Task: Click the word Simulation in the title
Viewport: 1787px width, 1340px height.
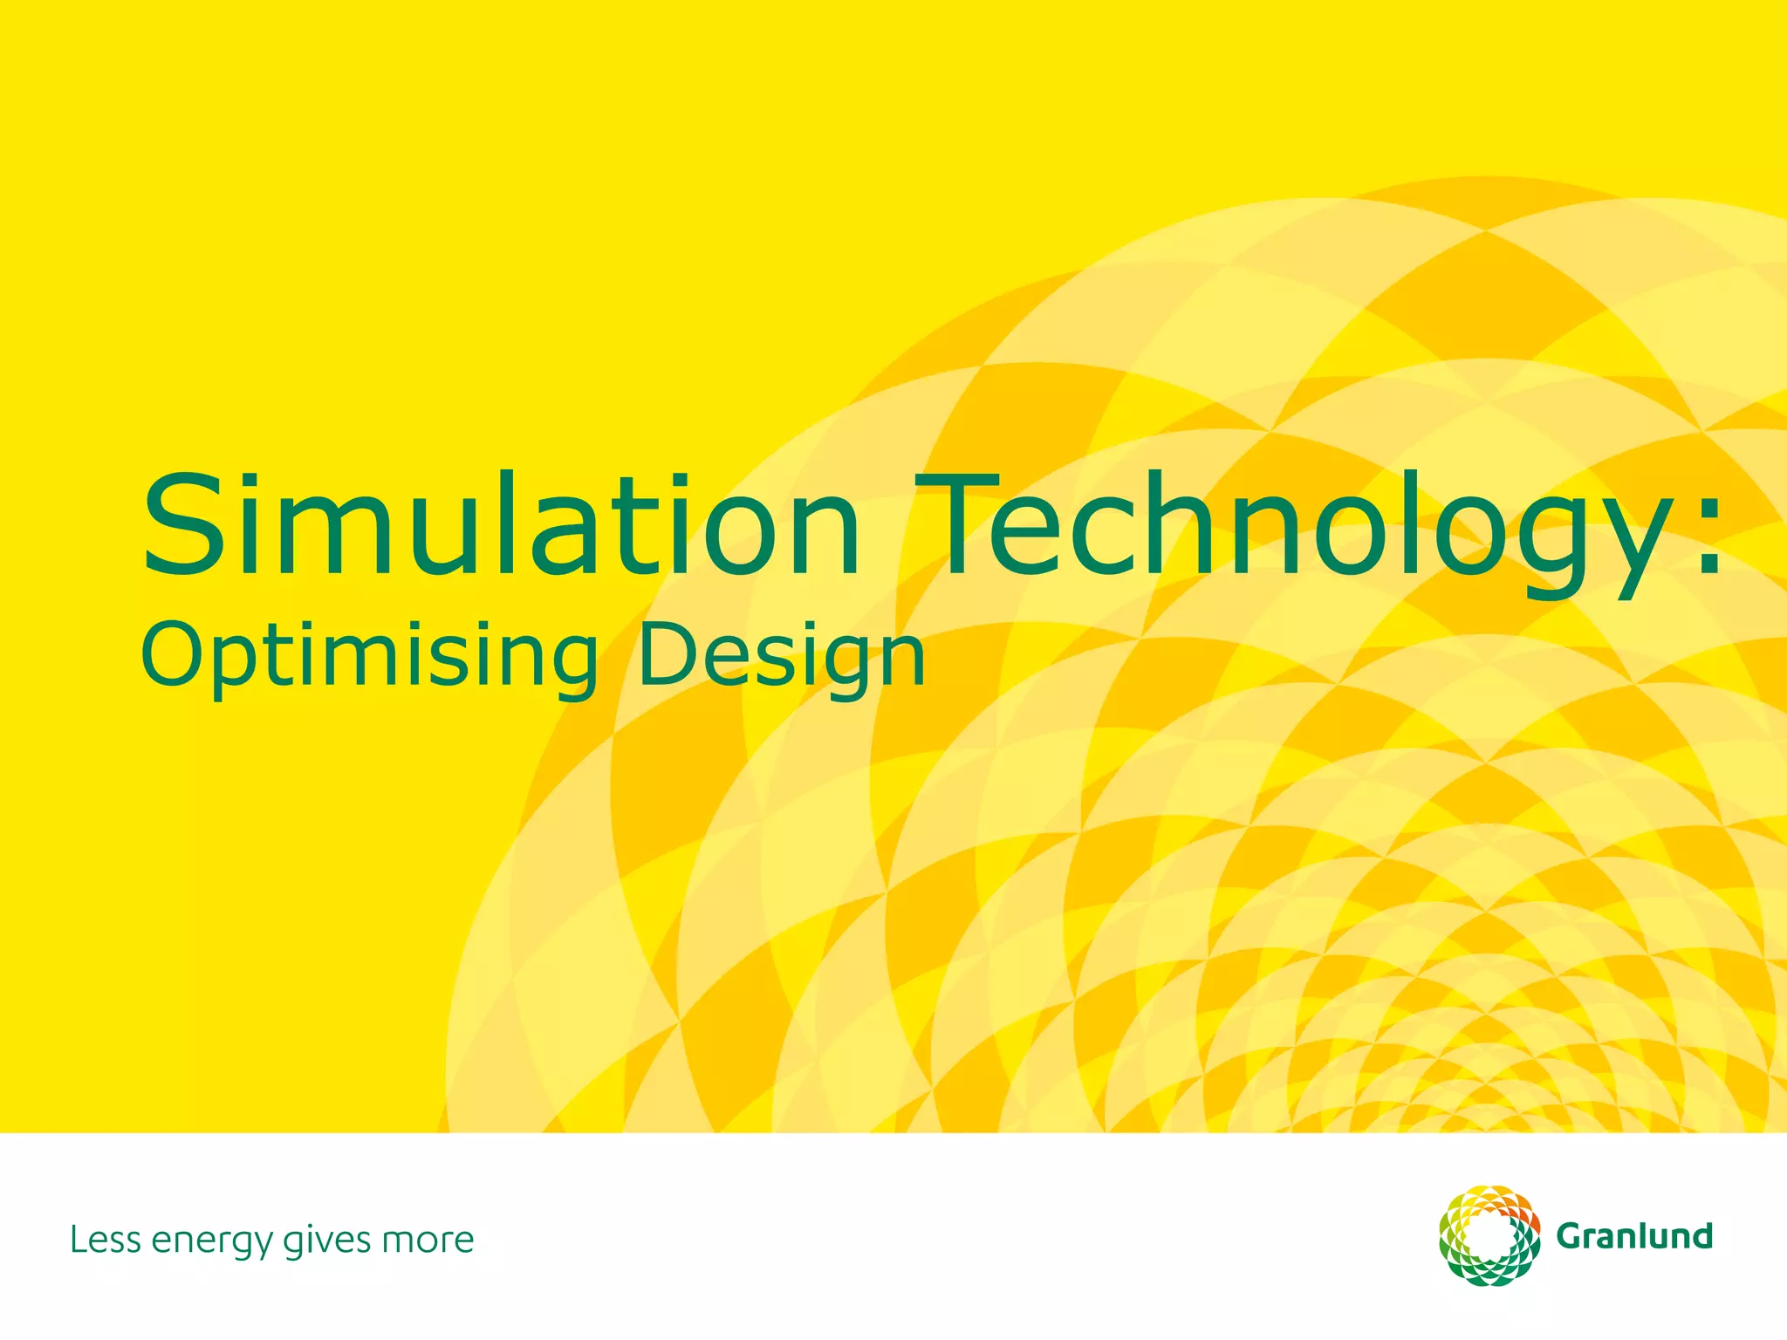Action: click(x=502, y=525)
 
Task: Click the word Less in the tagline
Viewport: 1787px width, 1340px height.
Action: click(x=103, y=1240)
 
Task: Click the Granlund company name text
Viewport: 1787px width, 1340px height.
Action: click(x=1634, y=1236)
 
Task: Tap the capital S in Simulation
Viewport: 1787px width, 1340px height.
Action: click(x=181, y=525)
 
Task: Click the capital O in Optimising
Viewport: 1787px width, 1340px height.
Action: click(x=173, y=656)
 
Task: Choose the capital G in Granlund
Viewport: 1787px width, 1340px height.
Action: click(x=1571, y=1236)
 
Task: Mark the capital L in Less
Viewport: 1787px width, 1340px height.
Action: click(x=79, y=1240)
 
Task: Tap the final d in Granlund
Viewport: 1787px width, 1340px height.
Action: click(x=1701, y=1235)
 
